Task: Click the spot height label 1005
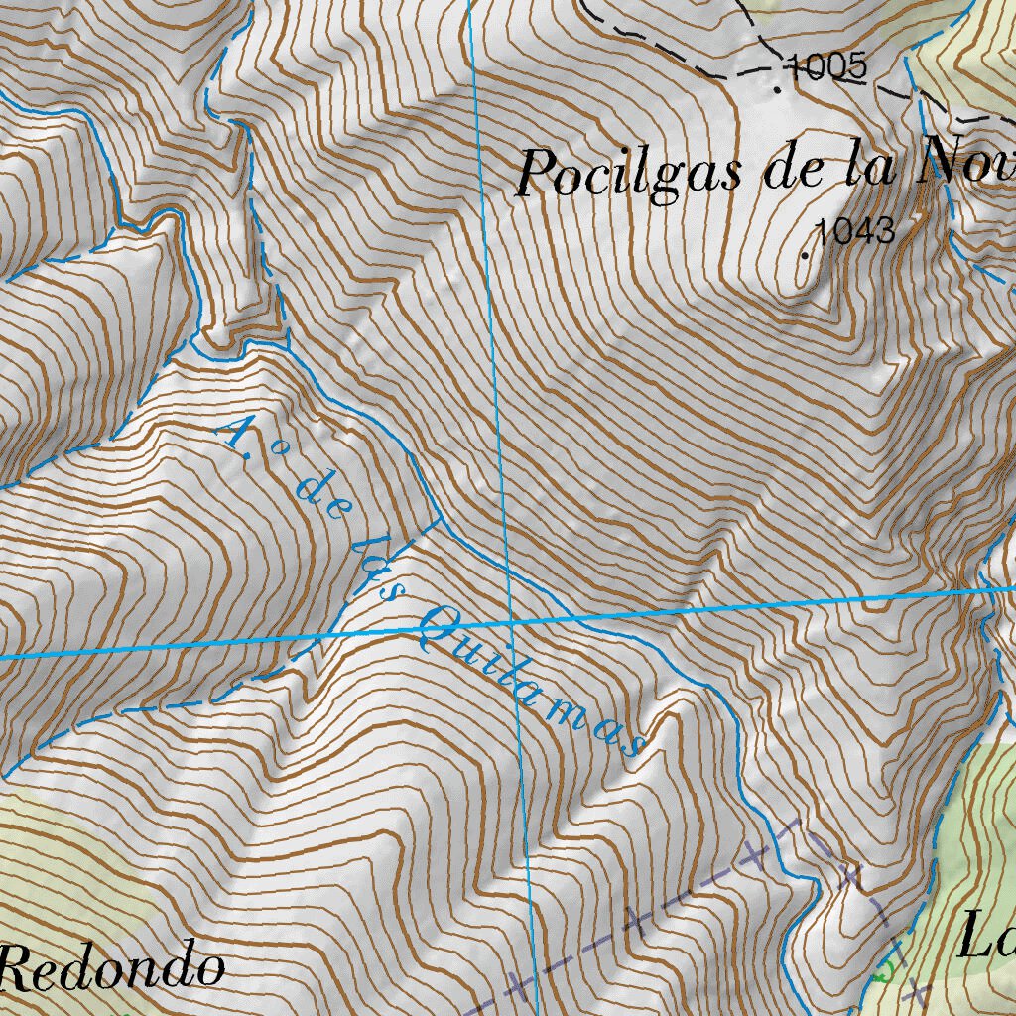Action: point(825,66)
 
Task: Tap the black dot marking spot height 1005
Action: point(776,88)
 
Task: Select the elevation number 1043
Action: point(855,231)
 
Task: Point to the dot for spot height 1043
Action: point(805,254)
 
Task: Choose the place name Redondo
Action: point(111,966)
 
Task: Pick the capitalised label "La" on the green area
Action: point(985,939)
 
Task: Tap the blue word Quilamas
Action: point(533,680)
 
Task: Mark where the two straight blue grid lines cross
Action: point(511,622)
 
